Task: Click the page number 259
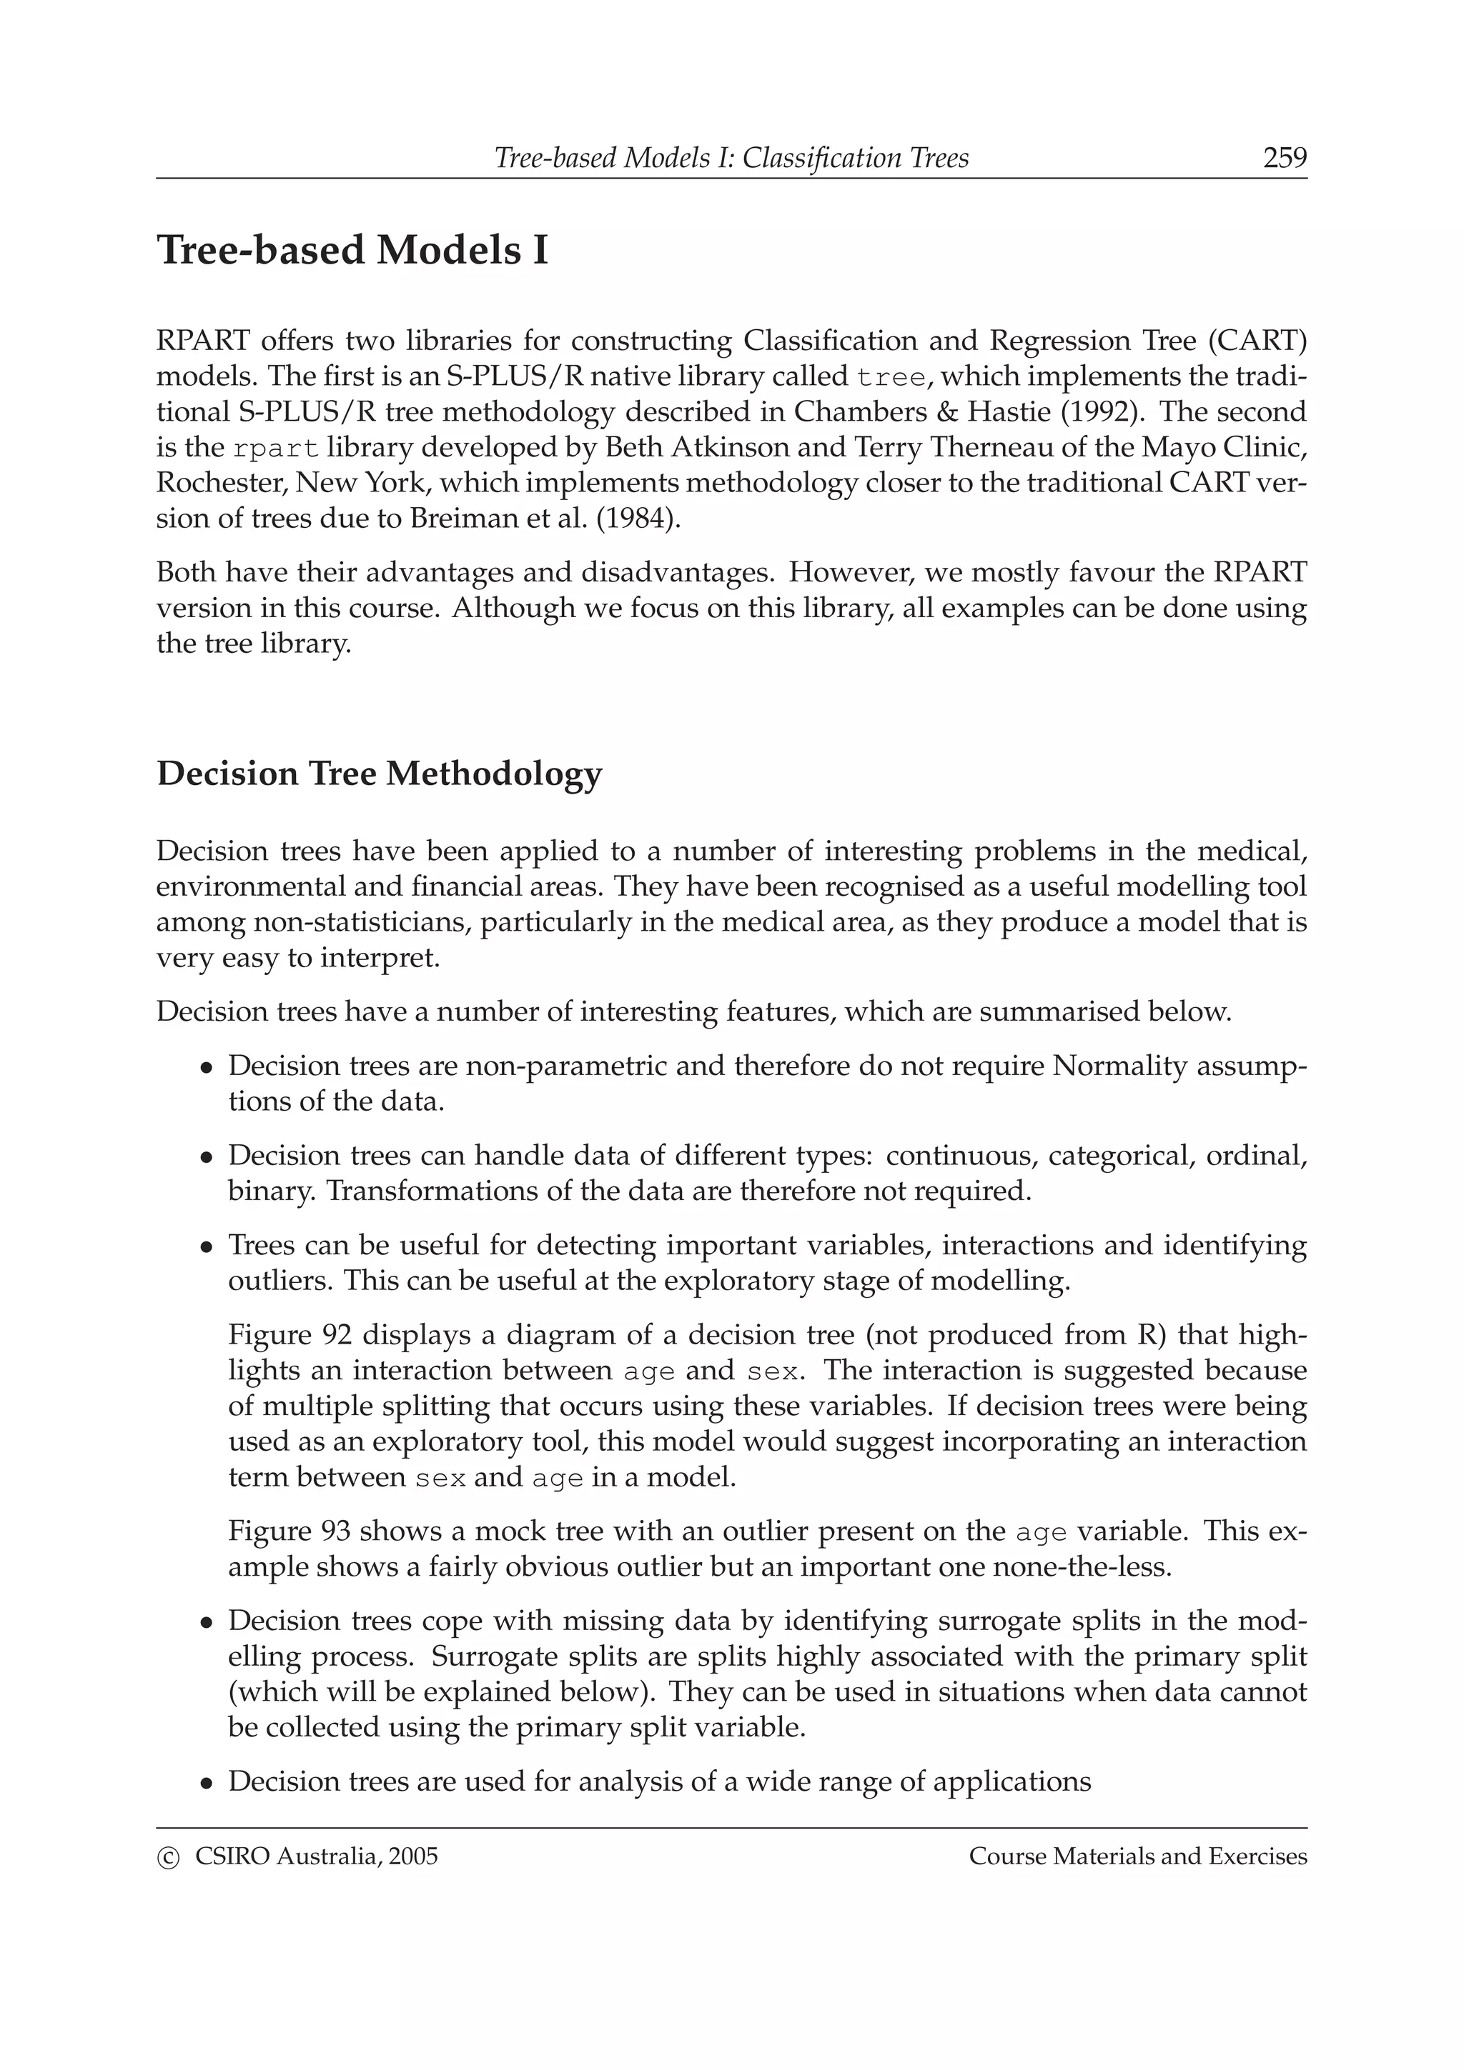(1285, 158)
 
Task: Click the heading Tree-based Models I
(352, 250)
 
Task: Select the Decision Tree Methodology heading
(379, 774)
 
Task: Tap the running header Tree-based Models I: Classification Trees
(731, 158)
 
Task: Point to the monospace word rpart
(276, 448)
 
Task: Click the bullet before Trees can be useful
(207, 1248)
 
